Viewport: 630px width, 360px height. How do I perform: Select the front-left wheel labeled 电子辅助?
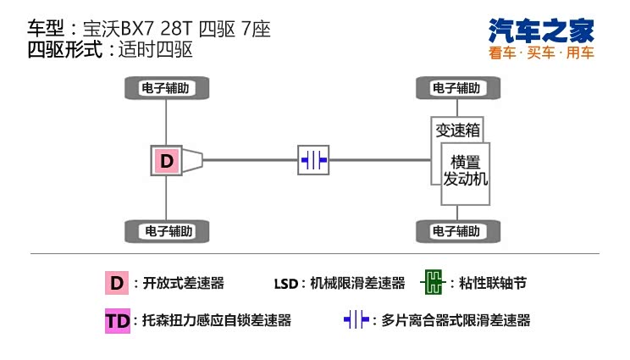pyautogui.click(x=456, y=88)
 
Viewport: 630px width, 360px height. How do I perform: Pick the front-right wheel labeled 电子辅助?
pyautogui.click(x=456, y=230)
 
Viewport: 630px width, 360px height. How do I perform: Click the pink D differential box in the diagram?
pyautogui.click(x=167, y=160)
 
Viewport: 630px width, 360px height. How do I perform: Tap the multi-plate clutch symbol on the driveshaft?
pyautogui.click(x=312, y=159)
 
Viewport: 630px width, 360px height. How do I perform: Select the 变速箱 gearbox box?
pyautogui.click(x=457, y=130)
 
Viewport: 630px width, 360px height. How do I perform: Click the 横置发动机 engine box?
pyautogui.click(x=466, y=172)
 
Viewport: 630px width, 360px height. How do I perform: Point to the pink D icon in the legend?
pyautogui.click(x=116, y=283)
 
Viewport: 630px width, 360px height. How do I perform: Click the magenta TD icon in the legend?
pyautogui.click(x=116, y=321)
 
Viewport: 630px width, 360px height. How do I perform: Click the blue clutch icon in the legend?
pyautogui.click(x=356, y=320)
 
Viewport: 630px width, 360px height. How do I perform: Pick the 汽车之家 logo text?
pyautogui.click(x=542, y=31)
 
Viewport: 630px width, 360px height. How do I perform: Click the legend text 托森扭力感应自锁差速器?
pyautogui.click(x=216, y=321)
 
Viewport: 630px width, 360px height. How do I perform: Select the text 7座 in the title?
pyautogui.click(x=254, y=28)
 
